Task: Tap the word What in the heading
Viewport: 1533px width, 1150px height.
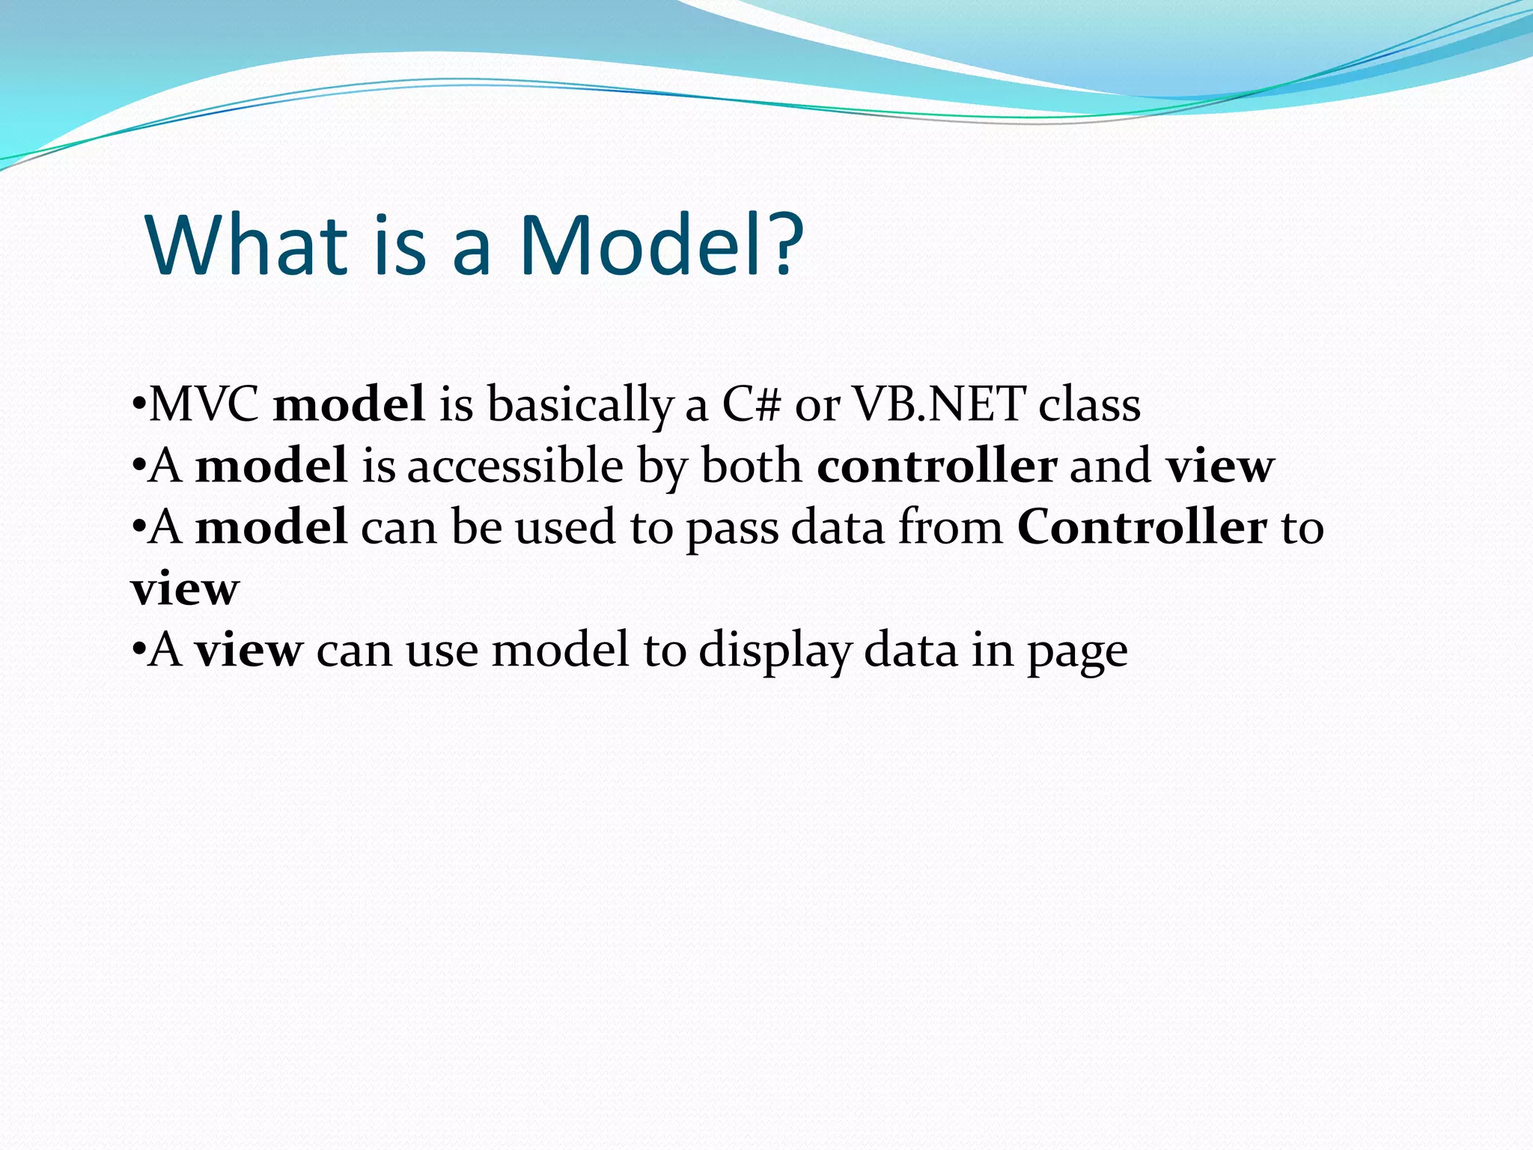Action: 248,245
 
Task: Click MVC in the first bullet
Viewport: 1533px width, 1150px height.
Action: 204,404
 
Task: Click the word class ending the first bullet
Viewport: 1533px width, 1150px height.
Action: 1089,404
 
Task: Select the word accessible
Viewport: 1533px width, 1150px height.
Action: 515,466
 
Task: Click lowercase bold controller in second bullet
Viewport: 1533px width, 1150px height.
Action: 936,466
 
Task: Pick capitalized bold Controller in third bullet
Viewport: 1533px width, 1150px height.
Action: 1142,527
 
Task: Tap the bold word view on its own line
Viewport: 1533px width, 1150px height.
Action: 185,589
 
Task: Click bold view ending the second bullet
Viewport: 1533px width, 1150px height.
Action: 1220,466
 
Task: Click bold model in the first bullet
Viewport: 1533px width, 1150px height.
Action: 349,404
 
